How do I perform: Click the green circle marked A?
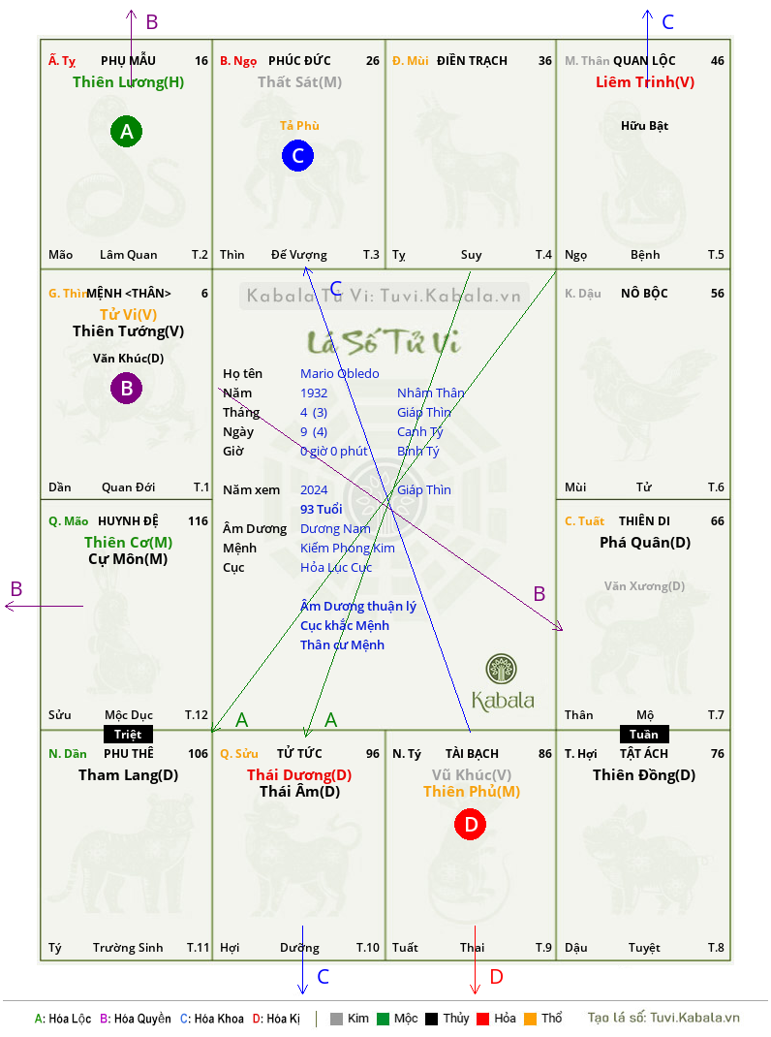pyautogui.click(x=126, y=131)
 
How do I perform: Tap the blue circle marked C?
pyautogui.click(x=297, y=155)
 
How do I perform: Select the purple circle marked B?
pyautogui.click(x=126, y=389)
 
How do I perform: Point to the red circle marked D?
pyautogui.click(x=470, y=824)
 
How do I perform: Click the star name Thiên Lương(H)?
pyautogui.click(x=128, y=82)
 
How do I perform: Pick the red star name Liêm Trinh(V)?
pyautogui.click(x=645, y=82)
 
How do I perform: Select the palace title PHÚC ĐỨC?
pyautogui.click(x=299, y=60)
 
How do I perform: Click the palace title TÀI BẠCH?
pyautogui.click(x=472, y=753)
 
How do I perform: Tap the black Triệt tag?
pyautogui.click(x=128, y=734)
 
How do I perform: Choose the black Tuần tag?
pyautogui.click(x=644, y=734)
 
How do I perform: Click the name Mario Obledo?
pyautogui.click(x=340, y=374)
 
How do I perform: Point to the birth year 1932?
pyautogui.click(x=314, y=393)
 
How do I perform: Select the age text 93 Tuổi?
pyautogui.click(x=322, y=509)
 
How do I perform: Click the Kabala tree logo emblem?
pyautogui.click(x=502, y=669)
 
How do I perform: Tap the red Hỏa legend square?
pyautogui.click(x=482, y=1019)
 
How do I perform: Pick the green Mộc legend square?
pyautogui.click(x=383, y=1019)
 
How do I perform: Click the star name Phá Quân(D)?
pyautogui.click(x=645, y=543)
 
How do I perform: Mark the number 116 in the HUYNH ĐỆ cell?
pyautogui.click(x=198, y=521)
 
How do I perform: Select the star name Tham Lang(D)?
pyautogui.click(x=128, y=775)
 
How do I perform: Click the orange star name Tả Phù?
pyautogui.click(x=299, y=126)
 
